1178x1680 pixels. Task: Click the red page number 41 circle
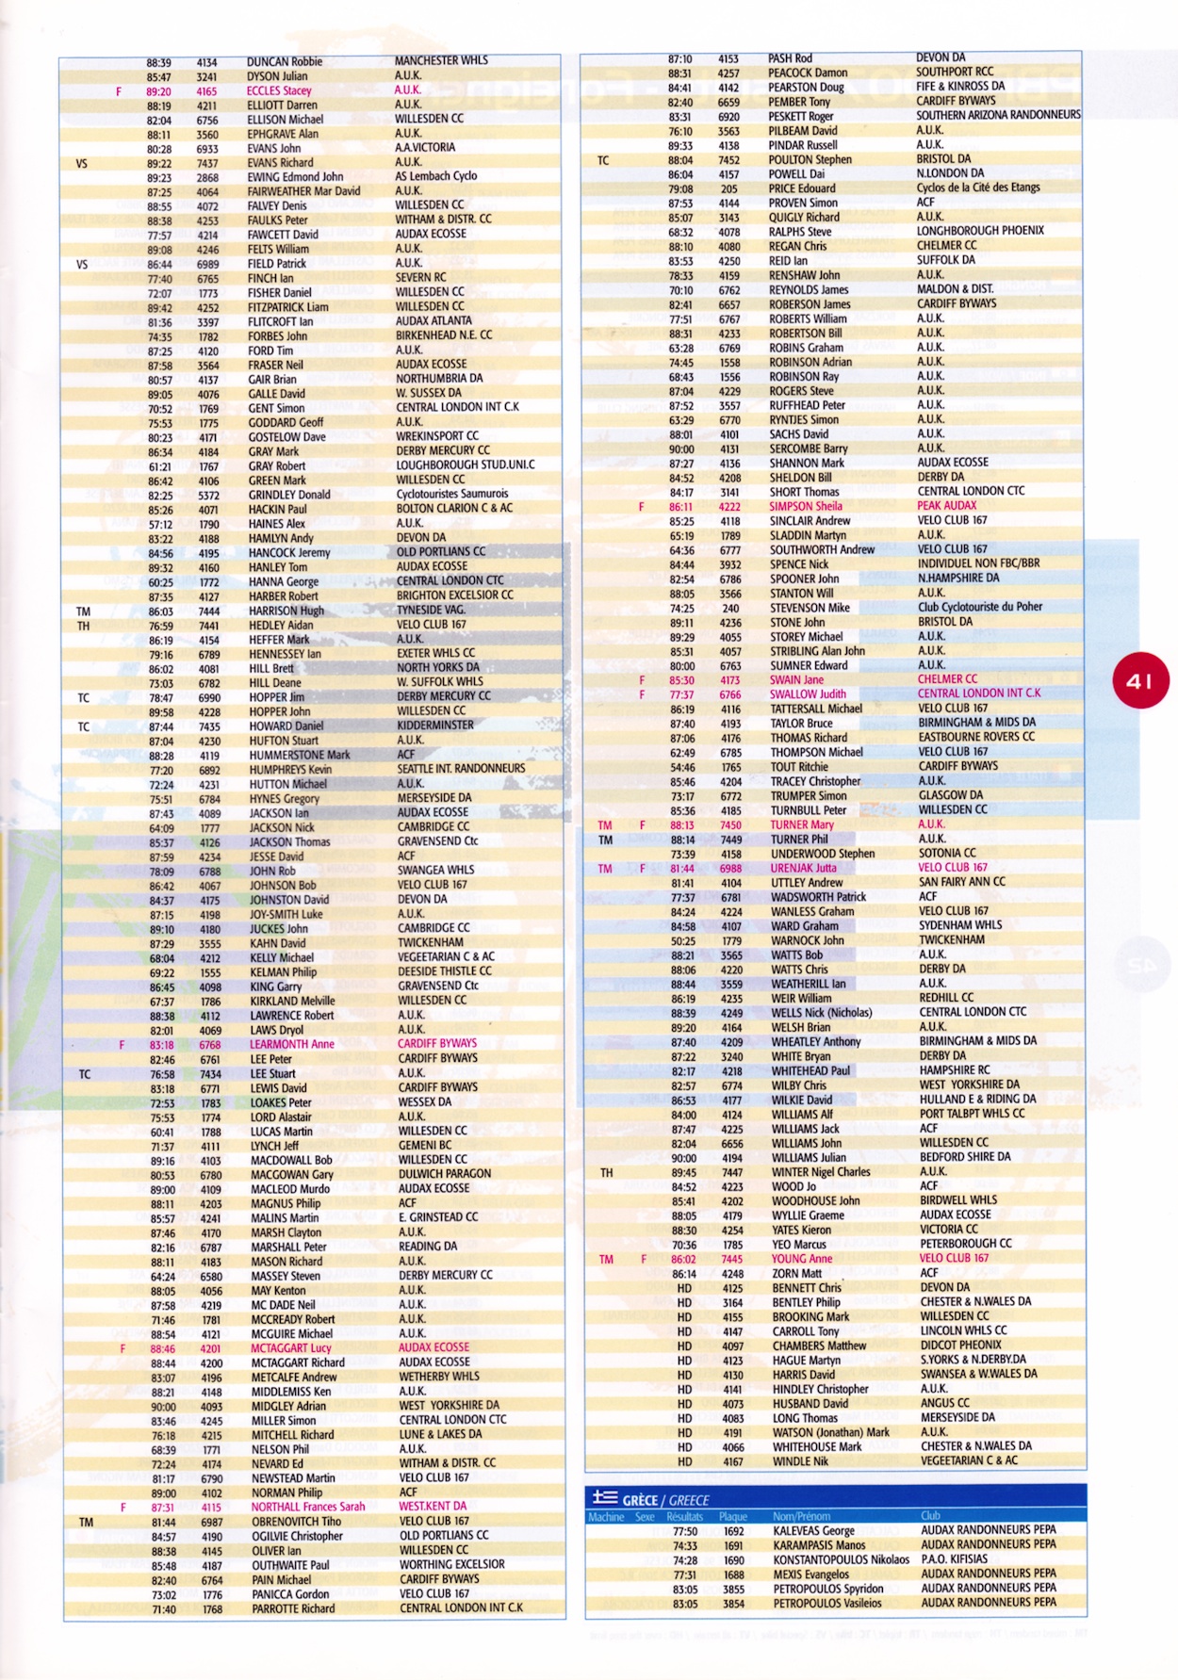coord(1140,680)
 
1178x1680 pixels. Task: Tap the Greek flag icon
coord(604,1497)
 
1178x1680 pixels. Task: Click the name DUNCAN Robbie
coord(284,62)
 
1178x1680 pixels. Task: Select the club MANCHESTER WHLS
coord(441,60)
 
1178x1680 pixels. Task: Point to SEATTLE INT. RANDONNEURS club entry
coord(461,769)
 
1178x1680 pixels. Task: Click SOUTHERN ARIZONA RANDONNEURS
coord(998,116)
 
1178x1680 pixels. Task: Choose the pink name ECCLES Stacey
coord(279,91)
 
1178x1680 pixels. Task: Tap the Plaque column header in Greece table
coord(732,1517)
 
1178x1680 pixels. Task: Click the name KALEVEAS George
coord(813,1531)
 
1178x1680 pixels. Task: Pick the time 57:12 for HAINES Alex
coord(161,524)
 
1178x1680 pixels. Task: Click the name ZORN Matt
coord(796,1274)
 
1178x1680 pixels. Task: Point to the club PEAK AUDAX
coord(948,506)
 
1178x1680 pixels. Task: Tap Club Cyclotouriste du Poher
coord(980,607)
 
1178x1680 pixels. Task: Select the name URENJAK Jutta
coord(803,869)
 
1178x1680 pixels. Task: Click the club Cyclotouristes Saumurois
coord(451,494)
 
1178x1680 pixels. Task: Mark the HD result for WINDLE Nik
coord(684,1461)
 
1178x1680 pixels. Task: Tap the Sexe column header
coord(645,1517)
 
